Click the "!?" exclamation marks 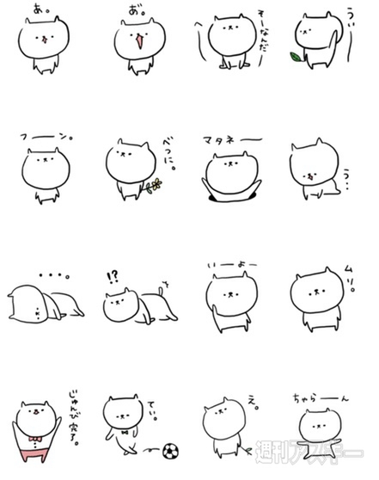(x=112, y=278)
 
